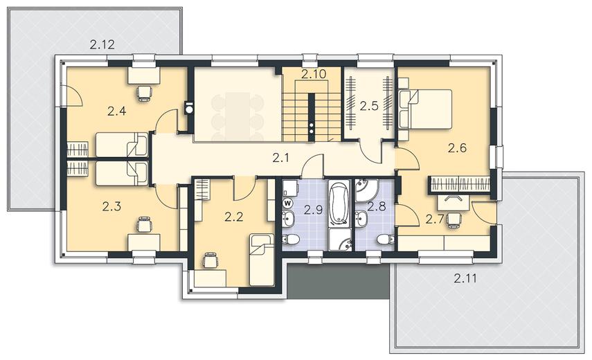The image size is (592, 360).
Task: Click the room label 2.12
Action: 102,45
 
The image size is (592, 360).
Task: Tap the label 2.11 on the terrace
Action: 465,279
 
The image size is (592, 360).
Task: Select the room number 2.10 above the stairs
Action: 314,74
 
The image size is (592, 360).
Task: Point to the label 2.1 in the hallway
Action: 281,158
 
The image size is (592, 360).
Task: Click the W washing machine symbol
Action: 288,203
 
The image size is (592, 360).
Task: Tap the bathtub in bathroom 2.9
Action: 339,204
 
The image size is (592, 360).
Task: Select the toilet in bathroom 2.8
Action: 386,239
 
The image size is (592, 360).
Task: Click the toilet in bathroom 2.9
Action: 291,239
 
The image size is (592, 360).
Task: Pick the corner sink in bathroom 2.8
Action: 366,190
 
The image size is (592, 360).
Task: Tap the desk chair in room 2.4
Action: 144,93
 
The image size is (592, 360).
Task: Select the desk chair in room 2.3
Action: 144,224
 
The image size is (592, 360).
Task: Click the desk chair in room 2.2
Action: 210,260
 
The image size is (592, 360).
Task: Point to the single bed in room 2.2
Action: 262,260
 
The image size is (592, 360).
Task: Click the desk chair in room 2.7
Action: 454,220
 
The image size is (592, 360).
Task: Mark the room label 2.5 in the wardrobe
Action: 368,106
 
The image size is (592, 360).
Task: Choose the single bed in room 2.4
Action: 122,145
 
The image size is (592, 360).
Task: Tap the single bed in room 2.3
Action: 122,174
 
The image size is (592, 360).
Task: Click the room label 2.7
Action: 434,219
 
